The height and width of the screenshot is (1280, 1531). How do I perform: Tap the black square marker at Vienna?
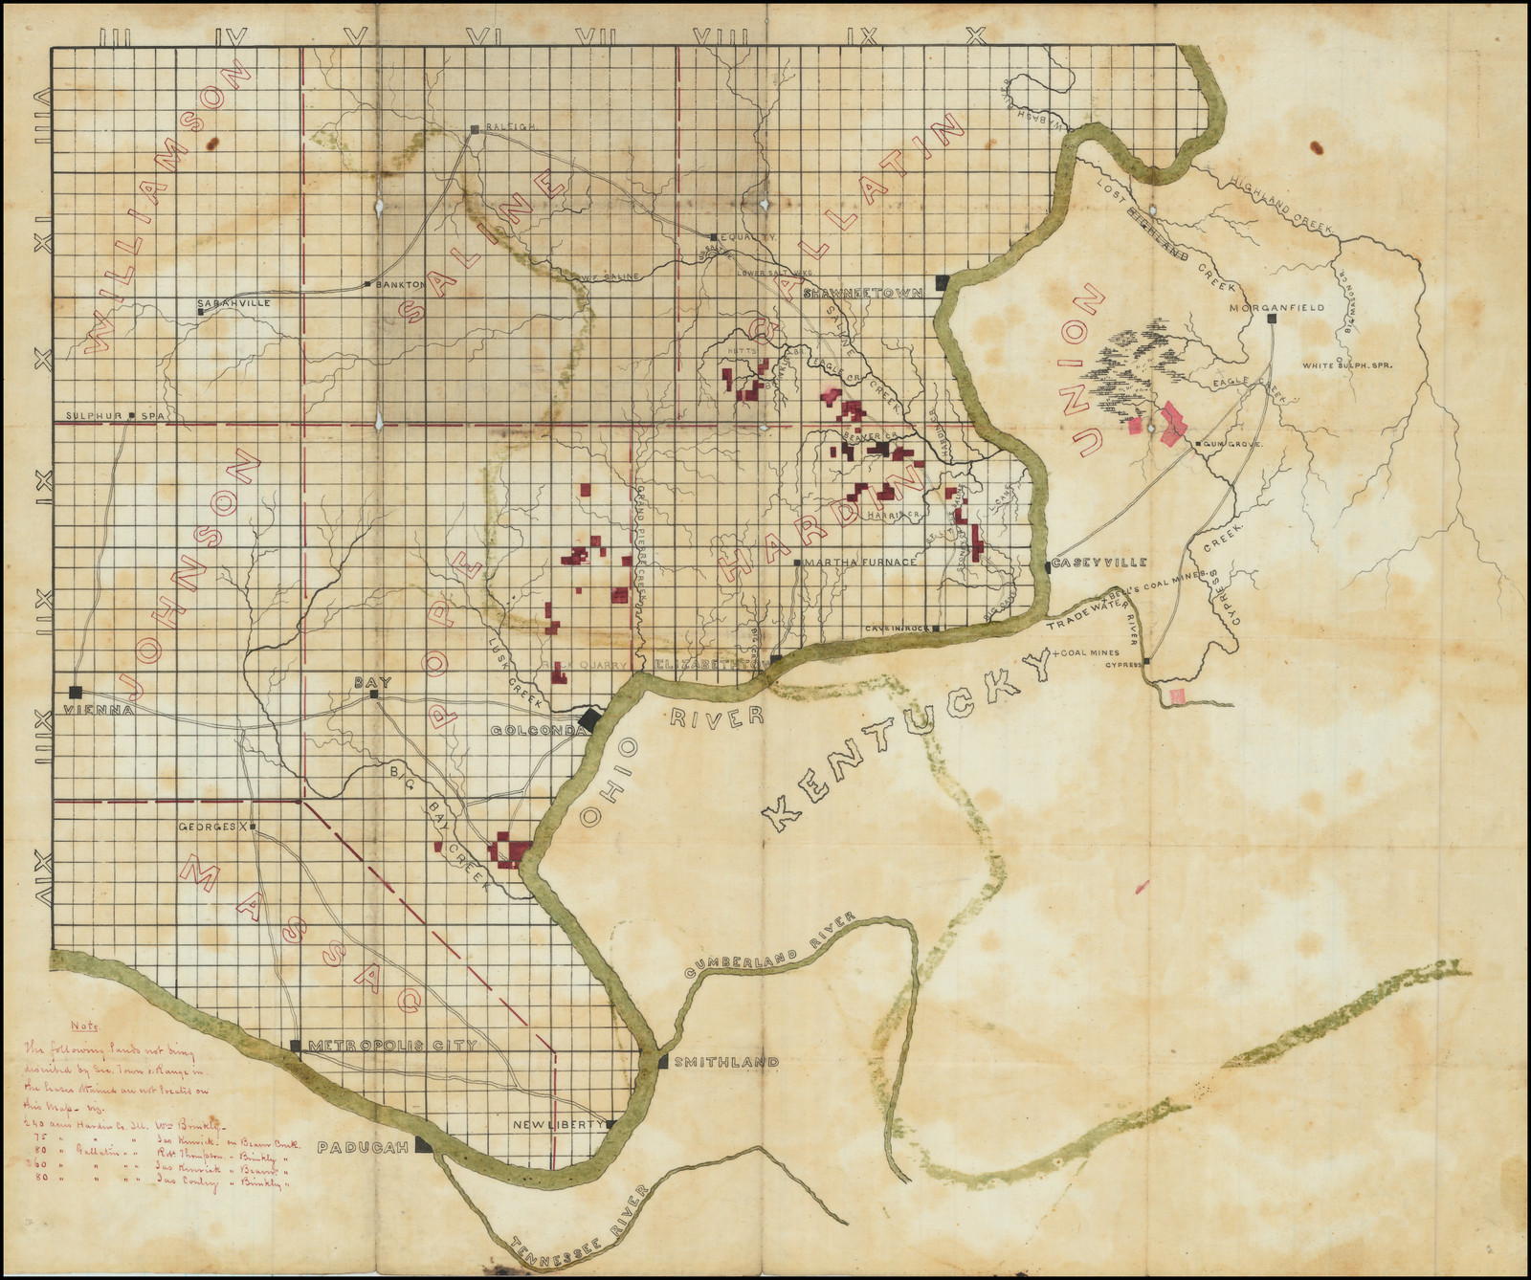(x=76, y=692)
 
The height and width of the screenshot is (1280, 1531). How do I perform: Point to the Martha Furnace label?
(x=861, y=562)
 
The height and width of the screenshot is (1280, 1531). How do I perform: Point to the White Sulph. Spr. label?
(x=1346, y=365)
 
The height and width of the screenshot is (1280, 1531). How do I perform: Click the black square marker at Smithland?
(x=662, y=1062)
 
